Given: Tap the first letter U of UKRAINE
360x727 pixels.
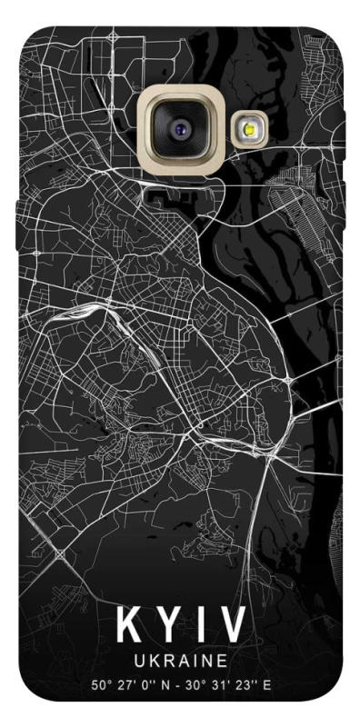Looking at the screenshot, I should (139, 658).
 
